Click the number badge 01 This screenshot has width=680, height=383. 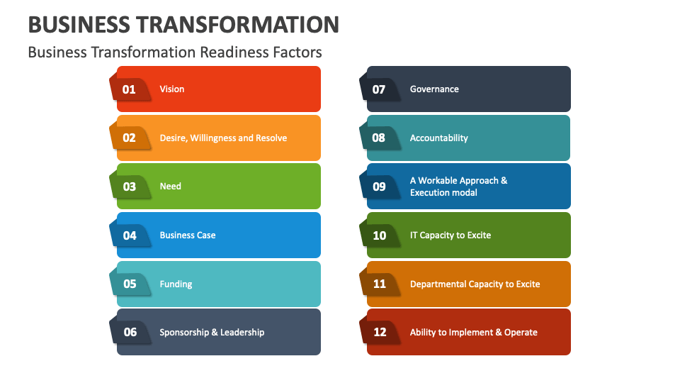(x=129, y=89)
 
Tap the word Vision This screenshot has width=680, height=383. (x=172, y=89)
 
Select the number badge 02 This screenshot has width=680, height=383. (x=129, y=138)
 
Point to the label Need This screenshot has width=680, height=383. (x=171, y=187)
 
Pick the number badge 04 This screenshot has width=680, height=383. (x=129, y=235)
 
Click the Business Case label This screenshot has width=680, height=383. (x=188, y=235)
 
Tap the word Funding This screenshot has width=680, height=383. (x=176, y=284)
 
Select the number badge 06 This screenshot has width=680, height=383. (x=130, y=332)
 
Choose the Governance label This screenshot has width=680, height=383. (x=434, y=89)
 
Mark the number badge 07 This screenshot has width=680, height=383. (x=379, y=89)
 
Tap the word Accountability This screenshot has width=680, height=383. (x=439, y=138)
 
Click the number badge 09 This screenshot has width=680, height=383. (x=379, y=187)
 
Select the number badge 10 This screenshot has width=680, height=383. (x=380, y=235)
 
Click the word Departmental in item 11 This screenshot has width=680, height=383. (x=438, y=284)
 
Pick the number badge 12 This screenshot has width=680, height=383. (x=380, y=332)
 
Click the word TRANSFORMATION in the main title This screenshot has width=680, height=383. (x=239, y=25)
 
